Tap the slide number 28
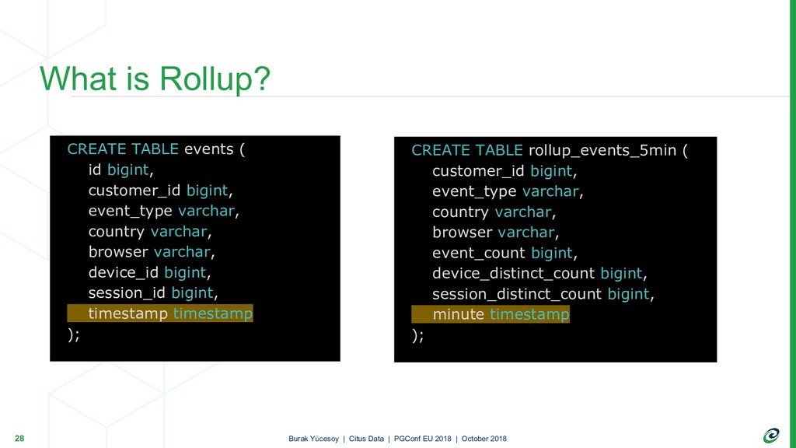tap(19, 439)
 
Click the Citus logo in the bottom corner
tap(771, 436)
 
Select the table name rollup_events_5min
tap(602, 150)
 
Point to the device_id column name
tap(124, 273)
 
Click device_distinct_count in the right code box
tap(513, 273)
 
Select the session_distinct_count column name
tap(517, 294)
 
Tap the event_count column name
tap(479, 253)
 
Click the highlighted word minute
tap(459, 314)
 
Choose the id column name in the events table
tap(95, 170)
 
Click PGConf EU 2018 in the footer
tap(422, 439)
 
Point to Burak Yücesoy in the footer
tap(313, 439)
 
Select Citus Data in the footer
tap(366, 439)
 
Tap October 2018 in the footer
tap(484, 439)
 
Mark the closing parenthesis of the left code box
tap(71, 334)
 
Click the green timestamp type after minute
tap(529, 314)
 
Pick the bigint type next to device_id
tap(185, 273)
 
